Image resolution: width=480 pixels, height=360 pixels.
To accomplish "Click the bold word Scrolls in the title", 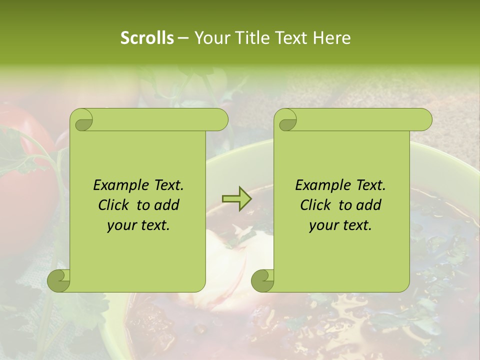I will coord(147,38).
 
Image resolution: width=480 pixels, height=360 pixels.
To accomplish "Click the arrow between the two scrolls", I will coord(236,198).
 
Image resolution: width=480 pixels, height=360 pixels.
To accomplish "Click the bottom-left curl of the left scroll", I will coord(59,280).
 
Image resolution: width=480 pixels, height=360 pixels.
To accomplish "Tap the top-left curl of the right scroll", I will coord(286,120).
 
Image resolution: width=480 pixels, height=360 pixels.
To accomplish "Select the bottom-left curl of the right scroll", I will coord(262,280).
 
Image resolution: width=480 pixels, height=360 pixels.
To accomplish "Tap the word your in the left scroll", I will coord(120,225).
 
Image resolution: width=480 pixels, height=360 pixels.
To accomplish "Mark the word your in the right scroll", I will coord(322,225).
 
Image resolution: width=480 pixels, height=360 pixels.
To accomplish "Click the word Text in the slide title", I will coord(293,38).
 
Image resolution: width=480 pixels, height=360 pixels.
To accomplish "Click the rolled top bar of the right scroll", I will coord(360,120).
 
